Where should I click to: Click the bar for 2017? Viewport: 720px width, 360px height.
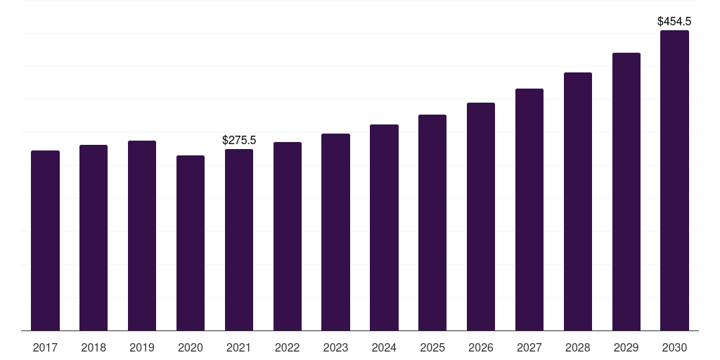46,240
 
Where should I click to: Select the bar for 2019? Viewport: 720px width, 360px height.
142,236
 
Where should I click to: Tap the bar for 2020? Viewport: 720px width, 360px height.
191,243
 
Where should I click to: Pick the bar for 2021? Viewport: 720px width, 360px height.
239,240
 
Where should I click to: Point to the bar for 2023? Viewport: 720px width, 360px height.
335,232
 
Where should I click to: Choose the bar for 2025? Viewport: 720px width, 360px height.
432,222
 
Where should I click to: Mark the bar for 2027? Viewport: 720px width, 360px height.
529,210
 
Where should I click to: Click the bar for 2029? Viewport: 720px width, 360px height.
626,191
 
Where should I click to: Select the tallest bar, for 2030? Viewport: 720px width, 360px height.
674,180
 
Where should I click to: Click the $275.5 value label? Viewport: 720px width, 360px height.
239,141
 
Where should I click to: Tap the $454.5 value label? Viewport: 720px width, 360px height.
674,22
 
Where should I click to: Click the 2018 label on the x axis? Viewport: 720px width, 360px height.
94,348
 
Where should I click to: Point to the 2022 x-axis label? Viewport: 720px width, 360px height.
288,348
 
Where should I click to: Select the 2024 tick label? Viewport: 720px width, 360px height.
384,348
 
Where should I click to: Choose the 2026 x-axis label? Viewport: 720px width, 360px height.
481,348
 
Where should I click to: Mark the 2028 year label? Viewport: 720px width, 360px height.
578,348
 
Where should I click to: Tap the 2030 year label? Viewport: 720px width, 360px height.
674,348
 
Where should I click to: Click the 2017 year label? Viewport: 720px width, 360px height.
46,348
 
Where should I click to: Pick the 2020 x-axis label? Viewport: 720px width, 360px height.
191,348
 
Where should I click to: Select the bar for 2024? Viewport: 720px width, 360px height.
384,227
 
